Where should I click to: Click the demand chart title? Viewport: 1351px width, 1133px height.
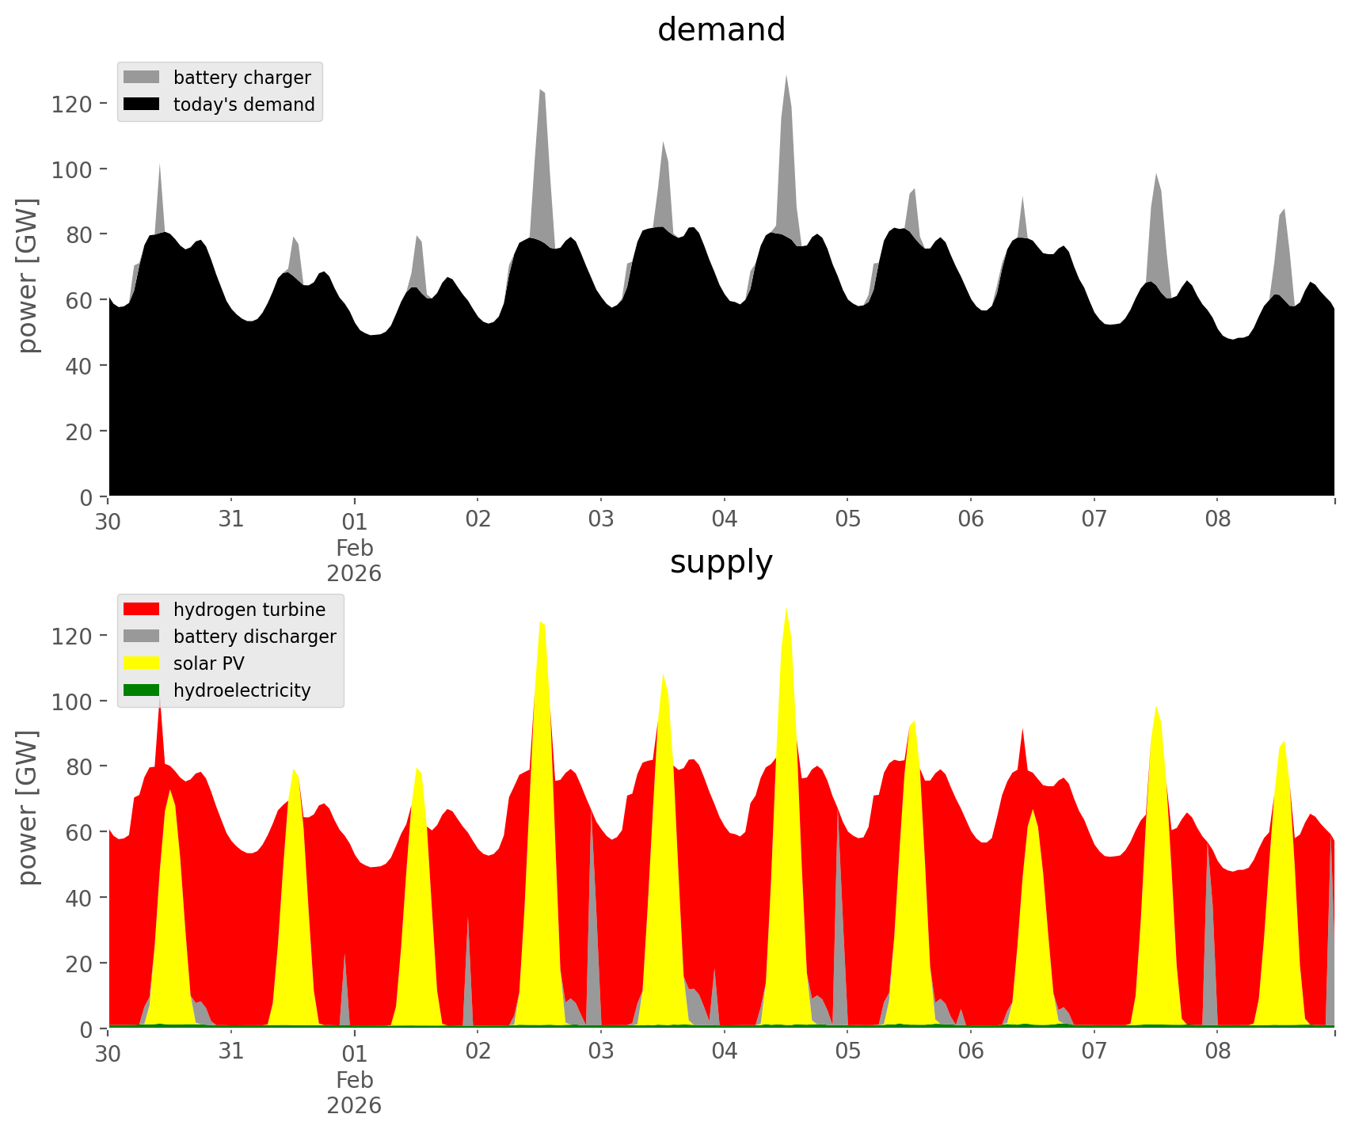click(721, 30)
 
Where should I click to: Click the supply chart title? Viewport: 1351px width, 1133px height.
click(721, 562)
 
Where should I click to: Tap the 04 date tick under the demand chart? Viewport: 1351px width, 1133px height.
click(724, 519)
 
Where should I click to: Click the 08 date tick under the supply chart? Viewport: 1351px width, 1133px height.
click(1217, 1051)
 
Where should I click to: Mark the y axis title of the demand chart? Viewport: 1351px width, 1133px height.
click(28, 276)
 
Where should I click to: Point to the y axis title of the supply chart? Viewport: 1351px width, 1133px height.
click(28, 808)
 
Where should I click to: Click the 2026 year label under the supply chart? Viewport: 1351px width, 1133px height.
click(354, 1105)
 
